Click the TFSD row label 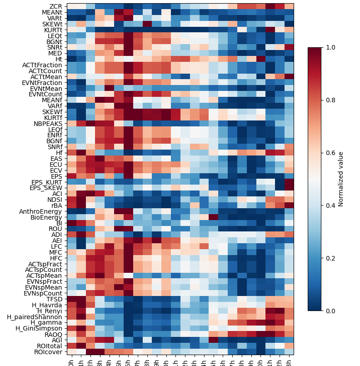coord(54,299)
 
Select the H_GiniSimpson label coord(40,328)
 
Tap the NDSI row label coord(54,200)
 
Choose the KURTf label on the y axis coord(53,118)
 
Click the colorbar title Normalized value coord(341,179)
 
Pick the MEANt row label coord(52,12)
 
